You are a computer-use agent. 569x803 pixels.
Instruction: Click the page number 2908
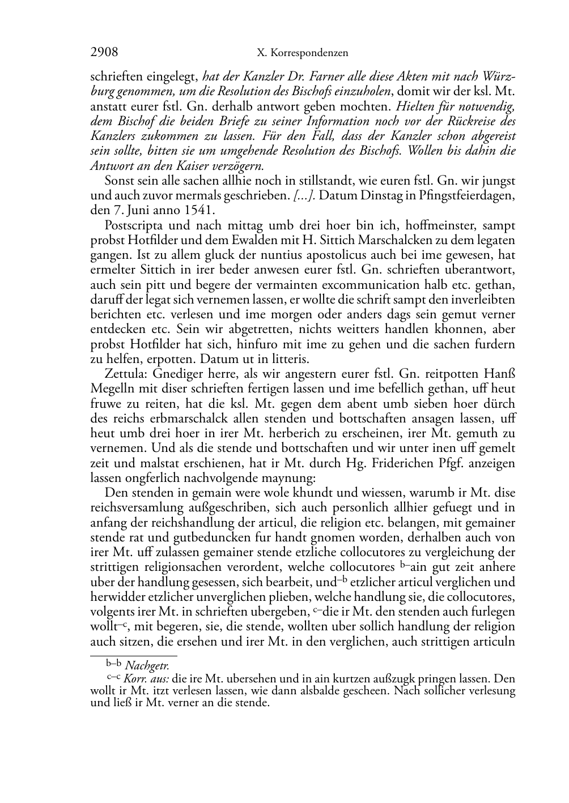104,53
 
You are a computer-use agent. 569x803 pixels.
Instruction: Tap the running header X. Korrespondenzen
302,53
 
